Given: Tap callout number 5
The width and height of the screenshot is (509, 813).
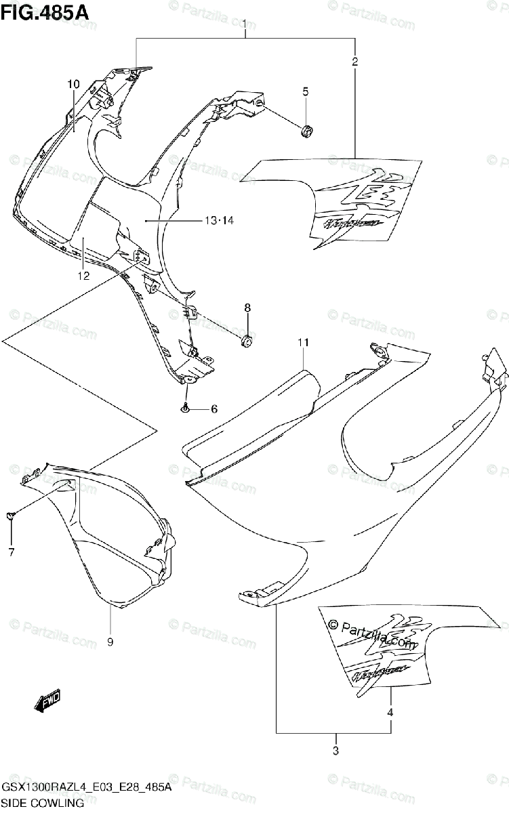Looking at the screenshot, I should point(306,91).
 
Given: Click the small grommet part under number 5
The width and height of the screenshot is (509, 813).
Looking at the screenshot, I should point(306,130).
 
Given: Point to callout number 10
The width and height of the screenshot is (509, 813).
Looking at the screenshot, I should point(73,84).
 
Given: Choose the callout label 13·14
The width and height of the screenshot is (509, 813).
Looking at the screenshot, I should point(218,220).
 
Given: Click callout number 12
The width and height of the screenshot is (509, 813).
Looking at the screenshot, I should point(83,276).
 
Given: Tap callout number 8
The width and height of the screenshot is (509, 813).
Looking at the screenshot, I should point(247,308).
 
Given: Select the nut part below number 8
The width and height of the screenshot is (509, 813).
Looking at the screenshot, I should point(247,339).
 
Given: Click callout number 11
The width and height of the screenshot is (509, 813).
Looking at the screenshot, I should point(302,343).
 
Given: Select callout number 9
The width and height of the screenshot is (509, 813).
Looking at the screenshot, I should point(110,642).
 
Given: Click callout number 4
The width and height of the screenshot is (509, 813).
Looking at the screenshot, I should point(390,712).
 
